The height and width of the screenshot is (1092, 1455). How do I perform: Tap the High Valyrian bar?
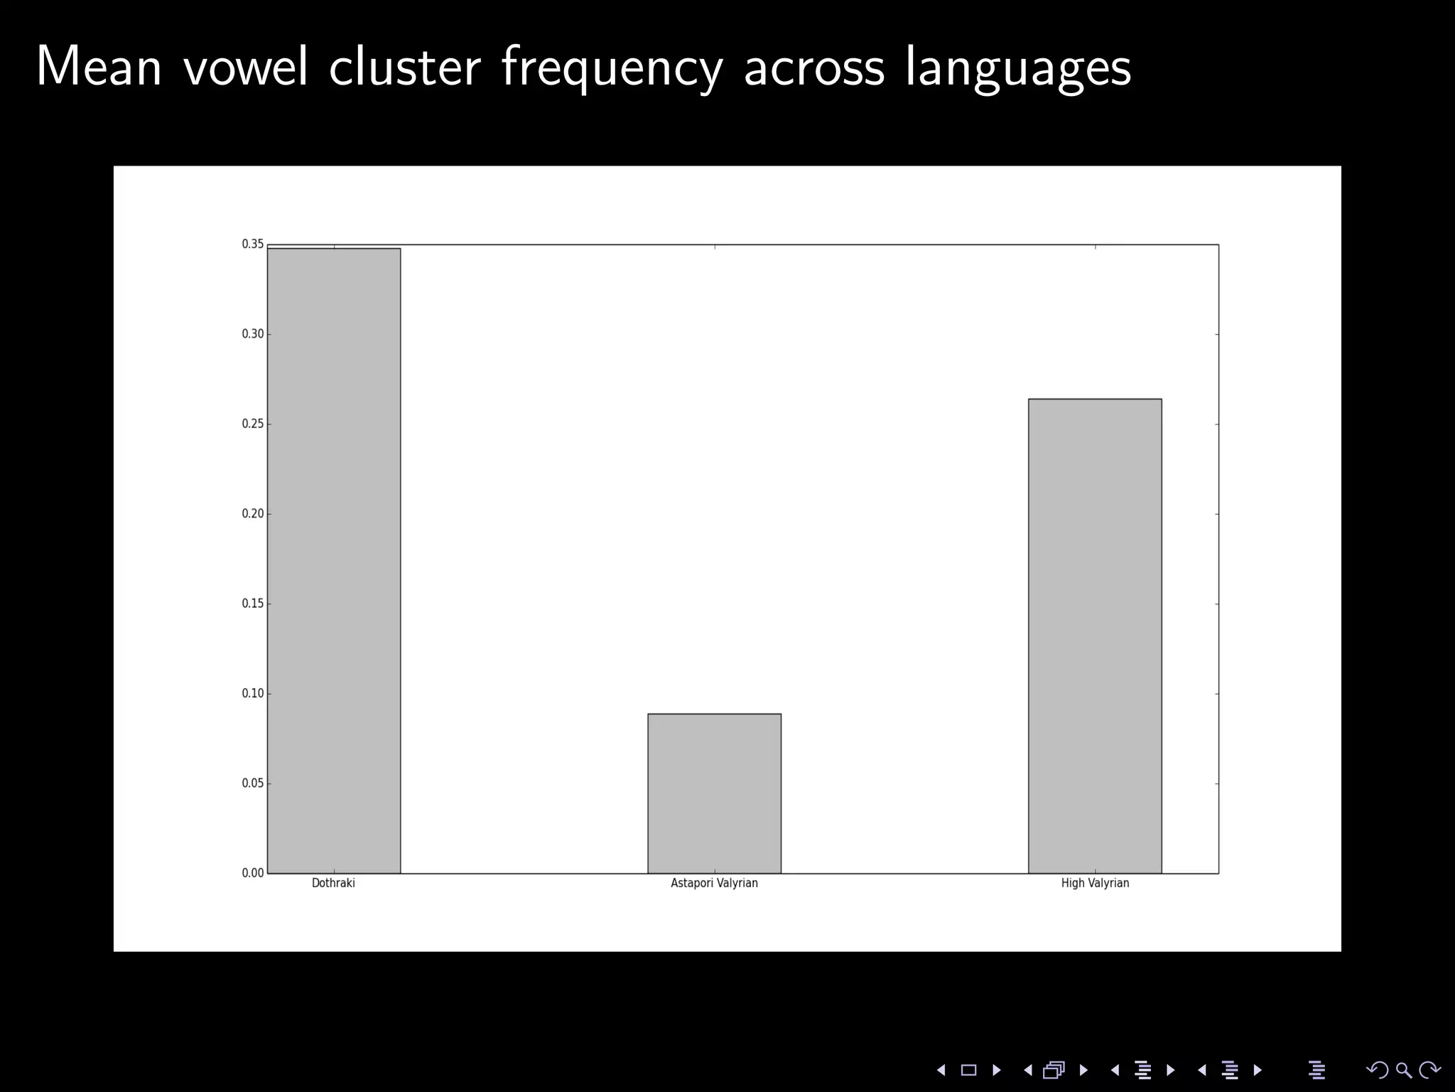pos(1095,636)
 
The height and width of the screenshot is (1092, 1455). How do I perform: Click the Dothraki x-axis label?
pos(333,883)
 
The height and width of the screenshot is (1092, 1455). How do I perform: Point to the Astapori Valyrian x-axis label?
pos(714,883)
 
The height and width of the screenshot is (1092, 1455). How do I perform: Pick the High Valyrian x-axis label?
pos(1095,883)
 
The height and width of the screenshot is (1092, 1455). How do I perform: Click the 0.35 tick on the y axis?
pos(252,245)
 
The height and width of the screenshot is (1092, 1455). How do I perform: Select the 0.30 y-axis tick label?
pos(252,334)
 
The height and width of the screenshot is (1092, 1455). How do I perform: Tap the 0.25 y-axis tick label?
pos(252,424)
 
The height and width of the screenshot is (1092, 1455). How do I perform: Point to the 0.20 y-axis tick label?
pos(252,514)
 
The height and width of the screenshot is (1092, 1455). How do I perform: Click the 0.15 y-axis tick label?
pos(252,604)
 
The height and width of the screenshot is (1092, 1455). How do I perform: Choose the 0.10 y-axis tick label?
pos(252,693)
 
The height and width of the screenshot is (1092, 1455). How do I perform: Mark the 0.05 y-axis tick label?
pos(252,783)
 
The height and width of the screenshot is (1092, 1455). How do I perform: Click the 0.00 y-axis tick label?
pos(252,873)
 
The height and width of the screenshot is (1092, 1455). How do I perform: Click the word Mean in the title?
pos(99,67)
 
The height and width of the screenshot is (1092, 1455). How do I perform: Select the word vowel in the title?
pos(246,67)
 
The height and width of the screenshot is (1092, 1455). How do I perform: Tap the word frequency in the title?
pos(612,68)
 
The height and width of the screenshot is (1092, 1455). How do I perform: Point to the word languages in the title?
pos(1017,68)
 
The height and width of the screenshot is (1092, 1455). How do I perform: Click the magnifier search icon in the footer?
pos(1403,1070)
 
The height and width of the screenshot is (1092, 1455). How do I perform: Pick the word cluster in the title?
pos(404,67)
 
